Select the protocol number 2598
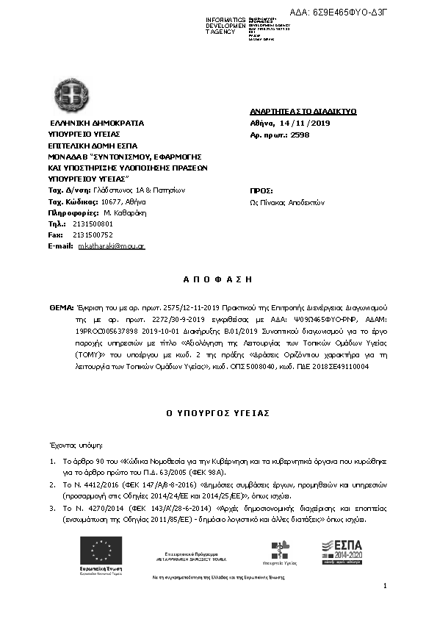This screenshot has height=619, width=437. click(x=300, y=135)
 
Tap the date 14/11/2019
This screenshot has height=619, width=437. click(x=302, y=123)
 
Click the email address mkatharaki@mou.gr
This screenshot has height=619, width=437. click(x=112, y=246)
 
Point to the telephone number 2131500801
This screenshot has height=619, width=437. click(x=93, y=223)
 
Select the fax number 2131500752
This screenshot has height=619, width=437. click(x=93, y=234)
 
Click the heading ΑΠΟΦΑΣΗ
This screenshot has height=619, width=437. click(x=217, y=279)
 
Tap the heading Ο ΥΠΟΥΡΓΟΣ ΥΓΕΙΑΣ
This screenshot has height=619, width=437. click(x=218, y=413)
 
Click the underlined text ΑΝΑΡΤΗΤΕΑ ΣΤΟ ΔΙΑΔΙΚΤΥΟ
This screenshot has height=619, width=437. click(x=303, y=112)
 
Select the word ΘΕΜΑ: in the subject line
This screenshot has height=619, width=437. click(x=61, y=304)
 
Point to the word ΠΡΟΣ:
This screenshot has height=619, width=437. click(x=261, y=190)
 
